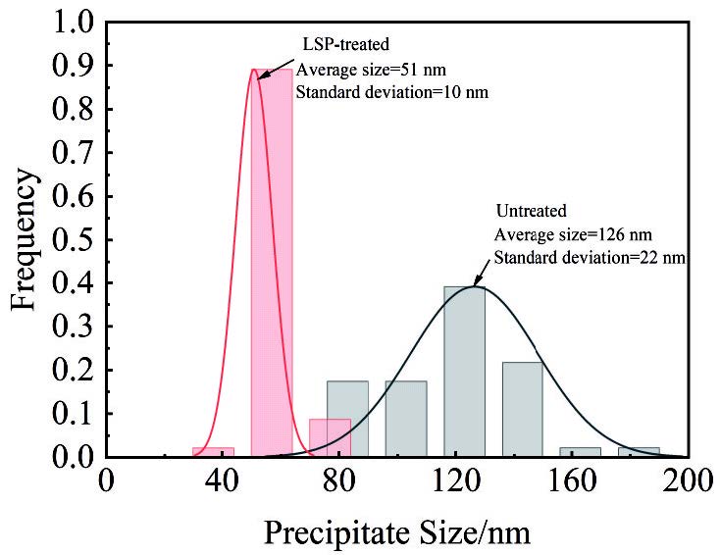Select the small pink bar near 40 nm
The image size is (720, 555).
tap(213, 452)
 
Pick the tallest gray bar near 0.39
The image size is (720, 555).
tap(464, 372)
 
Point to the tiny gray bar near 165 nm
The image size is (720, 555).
tap(580, 452)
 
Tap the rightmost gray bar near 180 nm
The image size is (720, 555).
tap(639, 452)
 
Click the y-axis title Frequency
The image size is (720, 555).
tap(27, 238)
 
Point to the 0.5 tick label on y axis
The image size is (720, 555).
tap(76, 239)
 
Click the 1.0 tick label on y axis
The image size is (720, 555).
tap(76, 22)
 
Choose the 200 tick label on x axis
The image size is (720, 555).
tap(688, 480)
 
